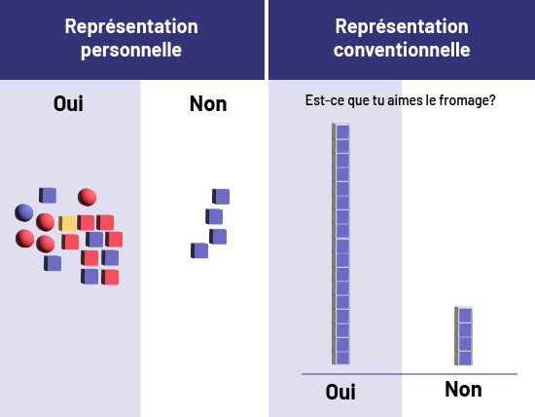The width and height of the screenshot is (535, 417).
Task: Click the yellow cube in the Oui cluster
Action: click(67, 223)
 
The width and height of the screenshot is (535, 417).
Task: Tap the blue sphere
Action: click(24, 212)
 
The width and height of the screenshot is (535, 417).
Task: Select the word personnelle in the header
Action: click(131, 50)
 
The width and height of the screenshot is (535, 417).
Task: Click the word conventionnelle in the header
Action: click(402, 50)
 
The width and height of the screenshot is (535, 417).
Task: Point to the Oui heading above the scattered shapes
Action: click(68, 103)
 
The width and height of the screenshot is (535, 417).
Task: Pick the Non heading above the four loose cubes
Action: click(208, 103)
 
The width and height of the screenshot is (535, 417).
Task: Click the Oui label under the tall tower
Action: click(340, 392)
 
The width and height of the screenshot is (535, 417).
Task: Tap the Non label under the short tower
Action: click(463, 390)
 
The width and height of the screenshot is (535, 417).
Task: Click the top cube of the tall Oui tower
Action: click(340, 132)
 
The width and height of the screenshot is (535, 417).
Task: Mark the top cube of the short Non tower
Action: click(463, 315)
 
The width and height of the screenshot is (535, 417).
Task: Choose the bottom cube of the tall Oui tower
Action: click(340, 358)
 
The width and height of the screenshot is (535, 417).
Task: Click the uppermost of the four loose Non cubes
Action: click(221, 197)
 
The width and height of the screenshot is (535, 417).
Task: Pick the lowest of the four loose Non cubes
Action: click(199, 250)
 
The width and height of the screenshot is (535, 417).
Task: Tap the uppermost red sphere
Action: click(87, 197)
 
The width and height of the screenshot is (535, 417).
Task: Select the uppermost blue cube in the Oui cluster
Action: click(48, 195)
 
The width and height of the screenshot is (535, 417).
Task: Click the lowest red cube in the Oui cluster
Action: click(110, 277)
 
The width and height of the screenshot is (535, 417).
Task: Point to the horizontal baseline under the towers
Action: click(410, 374)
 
